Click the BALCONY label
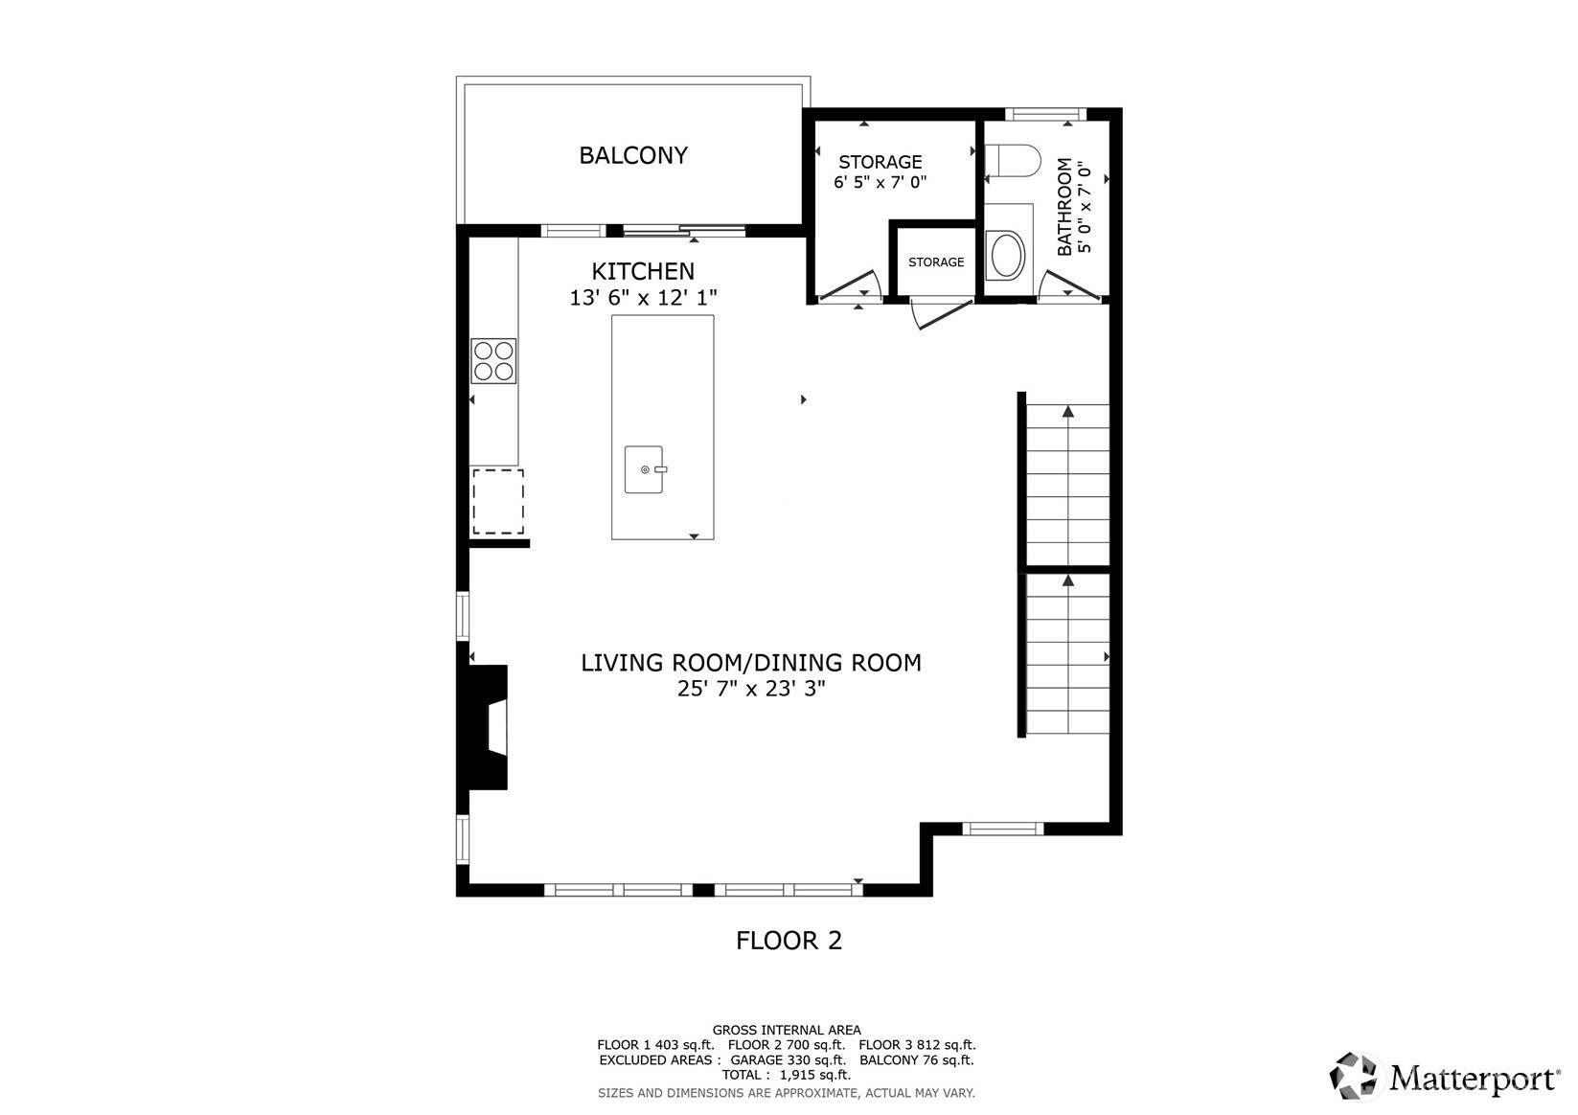[632, 155]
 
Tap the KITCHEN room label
[642, 271]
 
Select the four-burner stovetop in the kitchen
[493, 361]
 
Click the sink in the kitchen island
[644, 469]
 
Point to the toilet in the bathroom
[1013, 160]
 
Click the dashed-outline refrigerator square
[498, 501]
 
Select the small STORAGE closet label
[936, 262]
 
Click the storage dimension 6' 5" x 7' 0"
[880, 182]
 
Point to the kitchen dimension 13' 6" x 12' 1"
[643, 298]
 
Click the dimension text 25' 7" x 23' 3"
[750, 688]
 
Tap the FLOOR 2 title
[789, 941]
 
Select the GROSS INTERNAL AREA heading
[786, 1031]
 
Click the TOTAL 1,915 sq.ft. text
[786, 1075]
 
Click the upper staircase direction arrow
[1067, 412]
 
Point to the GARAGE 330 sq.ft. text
[788, 1060]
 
